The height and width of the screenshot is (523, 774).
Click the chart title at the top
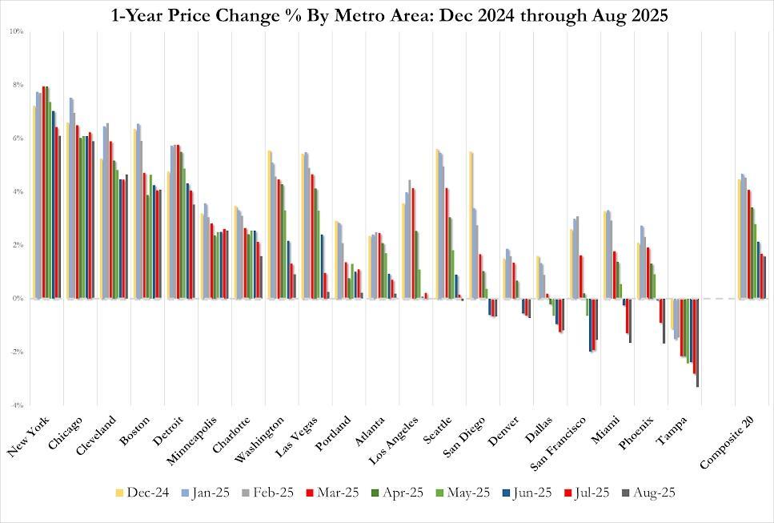[387, 14]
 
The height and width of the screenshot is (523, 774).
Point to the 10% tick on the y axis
[16, 31]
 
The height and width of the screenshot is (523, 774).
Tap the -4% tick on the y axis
[16, 405]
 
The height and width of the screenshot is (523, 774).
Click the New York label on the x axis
[29, 437]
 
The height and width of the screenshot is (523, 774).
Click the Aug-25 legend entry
[650, 493]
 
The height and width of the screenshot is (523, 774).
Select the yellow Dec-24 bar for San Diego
[471, 225]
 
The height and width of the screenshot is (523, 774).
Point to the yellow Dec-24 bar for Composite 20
[738, 239]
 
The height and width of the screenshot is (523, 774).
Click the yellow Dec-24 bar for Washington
[269, 224]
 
